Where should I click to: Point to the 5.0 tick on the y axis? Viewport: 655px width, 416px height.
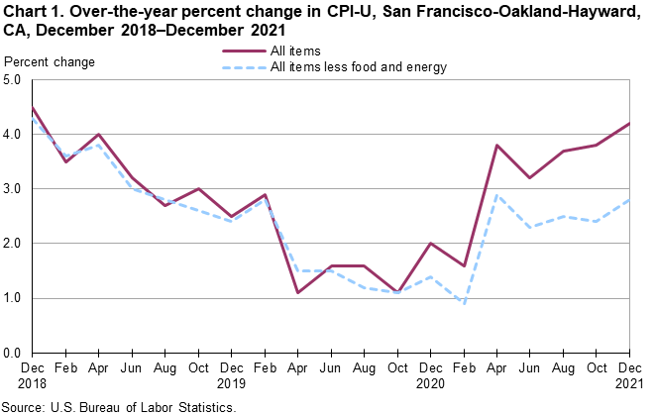15,79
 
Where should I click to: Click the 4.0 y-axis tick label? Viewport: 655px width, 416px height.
15,134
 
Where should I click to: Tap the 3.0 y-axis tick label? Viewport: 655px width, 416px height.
15,188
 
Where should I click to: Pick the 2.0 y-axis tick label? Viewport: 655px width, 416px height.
15,243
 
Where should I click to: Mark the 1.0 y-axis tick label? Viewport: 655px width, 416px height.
15,298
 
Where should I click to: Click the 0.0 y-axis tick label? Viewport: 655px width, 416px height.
15,353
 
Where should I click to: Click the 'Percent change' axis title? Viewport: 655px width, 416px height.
50,62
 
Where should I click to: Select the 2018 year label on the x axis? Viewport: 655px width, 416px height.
33,381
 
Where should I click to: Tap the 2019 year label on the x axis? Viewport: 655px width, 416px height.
231,381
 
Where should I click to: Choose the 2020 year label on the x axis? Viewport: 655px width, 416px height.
429,381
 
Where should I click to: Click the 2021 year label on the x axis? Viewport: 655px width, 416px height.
627,381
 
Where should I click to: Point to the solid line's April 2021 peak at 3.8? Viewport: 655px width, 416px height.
495,145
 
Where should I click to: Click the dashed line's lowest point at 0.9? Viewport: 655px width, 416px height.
462,303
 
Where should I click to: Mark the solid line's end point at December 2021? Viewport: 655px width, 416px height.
627,123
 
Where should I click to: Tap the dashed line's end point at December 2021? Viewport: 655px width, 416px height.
627,199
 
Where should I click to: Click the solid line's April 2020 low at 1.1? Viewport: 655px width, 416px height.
297,292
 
